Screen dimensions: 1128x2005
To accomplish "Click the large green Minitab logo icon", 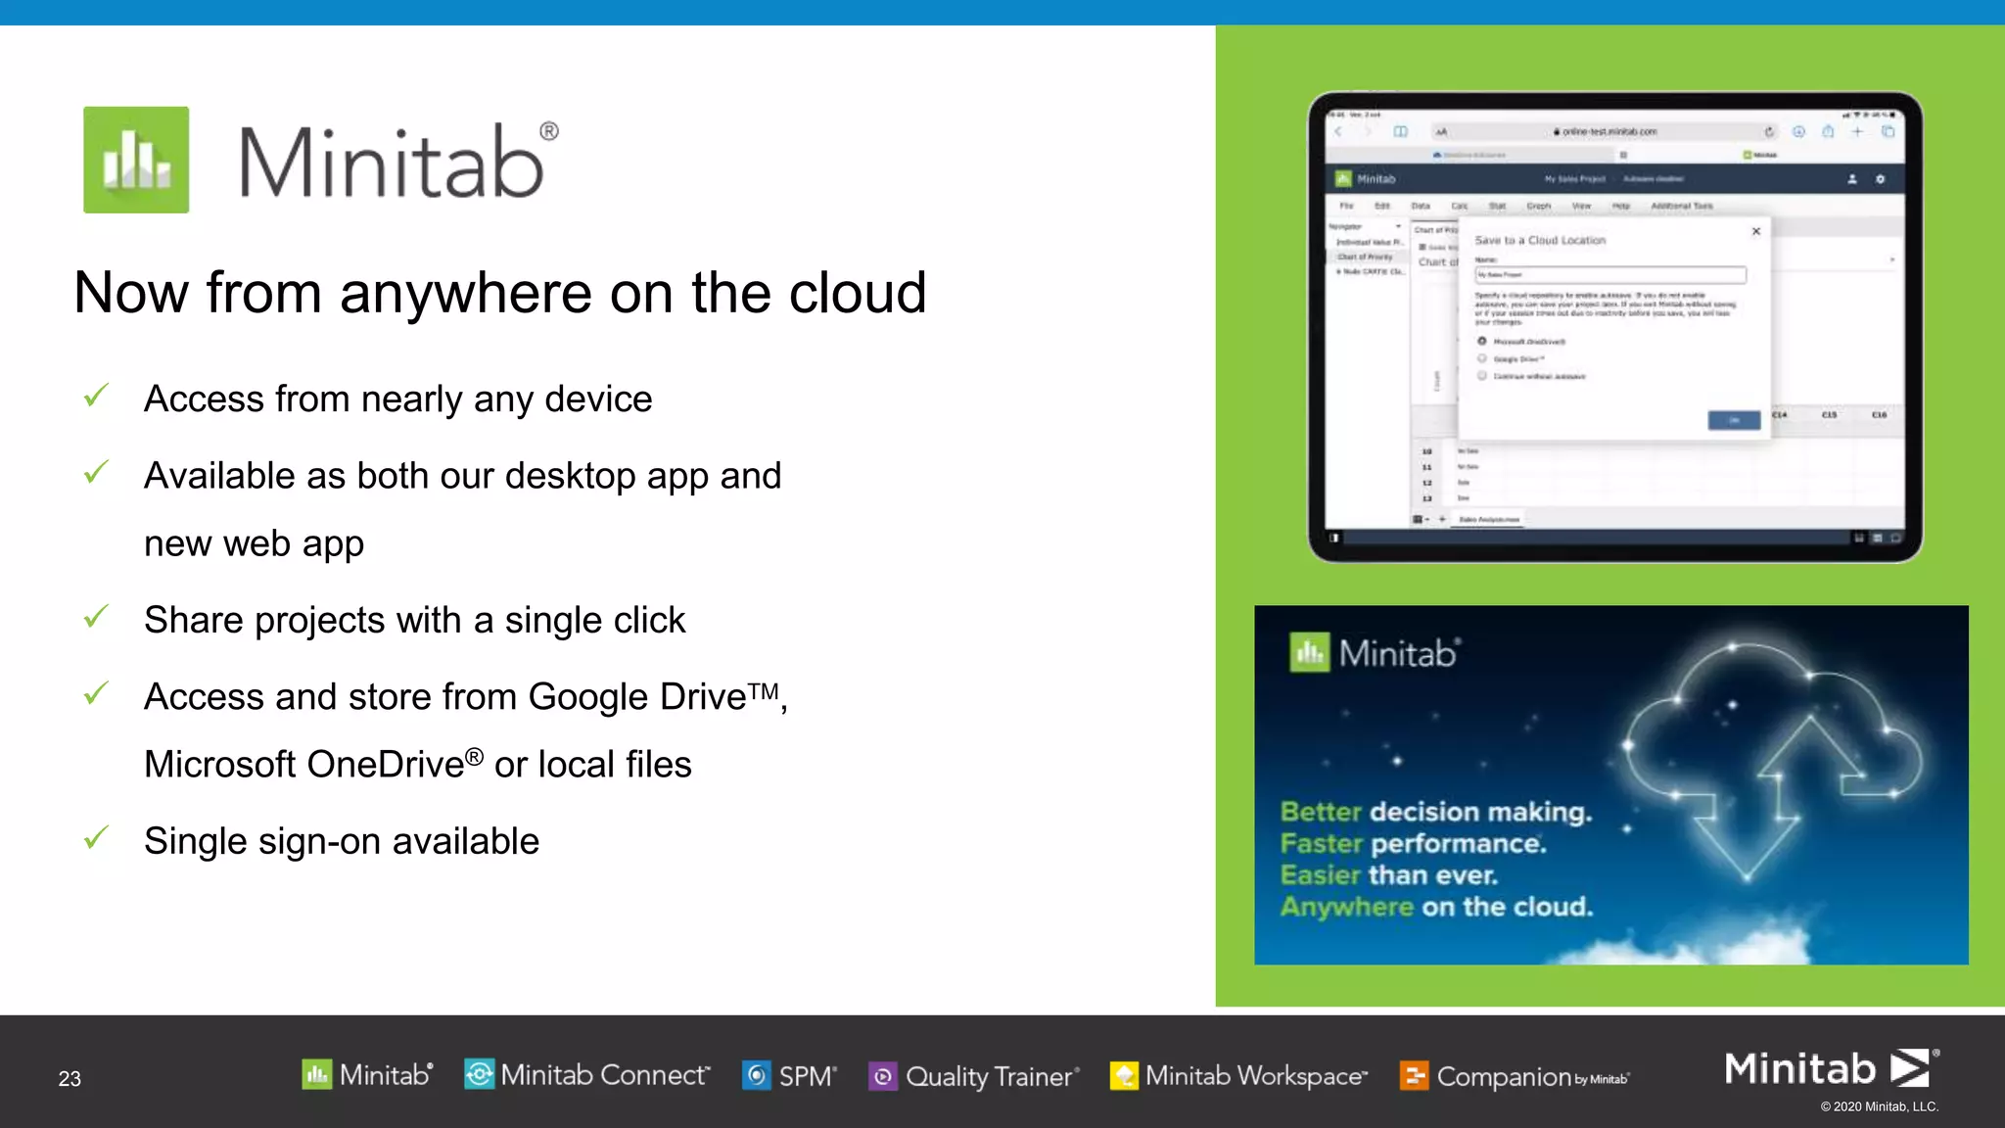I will pos(136,160).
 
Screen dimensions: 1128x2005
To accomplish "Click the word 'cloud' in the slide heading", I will pos(858,293).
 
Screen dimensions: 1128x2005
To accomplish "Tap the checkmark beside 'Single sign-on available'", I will pos(96,838).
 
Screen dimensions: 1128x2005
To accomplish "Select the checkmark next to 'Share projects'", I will pos(96,617).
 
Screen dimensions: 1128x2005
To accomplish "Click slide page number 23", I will pos(70,1079).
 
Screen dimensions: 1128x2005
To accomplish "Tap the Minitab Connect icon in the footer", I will pos(479,1074).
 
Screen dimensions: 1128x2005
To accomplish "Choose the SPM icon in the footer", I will pos(757,1075).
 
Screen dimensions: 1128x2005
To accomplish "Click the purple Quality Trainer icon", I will pos(882,1076).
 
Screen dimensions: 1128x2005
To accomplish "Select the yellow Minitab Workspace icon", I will pos(1124,1075).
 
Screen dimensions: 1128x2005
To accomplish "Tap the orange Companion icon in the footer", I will pos(1414,1075).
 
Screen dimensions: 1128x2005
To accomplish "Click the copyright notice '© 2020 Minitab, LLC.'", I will pos(1879,1106).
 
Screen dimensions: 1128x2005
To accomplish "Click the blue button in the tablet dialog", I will pos(1734,420).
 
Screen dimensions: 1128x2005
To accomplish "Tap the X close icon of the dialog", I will pos(1756,231).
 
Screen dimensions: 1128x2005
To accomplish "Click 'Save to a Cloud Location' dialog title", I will pos(1540,240).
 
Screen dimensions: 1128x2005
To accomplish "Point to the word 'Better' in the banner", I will pos(1321,812).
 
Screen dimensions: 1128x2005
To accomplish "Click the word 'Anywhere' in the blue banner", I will pos(1346,907).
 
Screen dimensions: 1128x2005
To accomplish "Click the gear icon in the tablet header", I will pos(1880,179).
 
